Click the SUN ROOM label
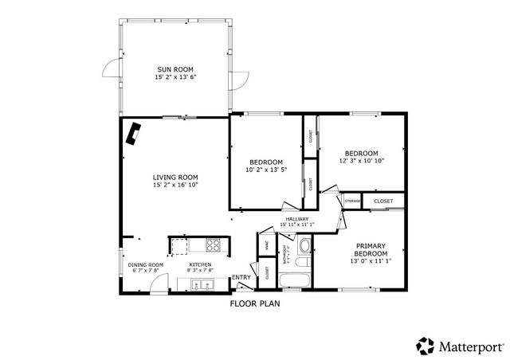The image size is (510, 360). (175, 69)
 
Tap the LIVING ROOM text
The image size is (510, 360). (175, 177)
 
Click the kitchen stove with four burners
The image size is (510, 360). (213, 245)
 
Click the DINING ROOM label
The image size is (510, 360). (145, 264)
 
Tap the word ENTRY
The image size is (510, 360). (241, 278)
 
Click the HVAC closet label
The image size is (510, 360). (265, 246)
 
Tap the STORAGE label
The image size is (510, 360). (353, 202)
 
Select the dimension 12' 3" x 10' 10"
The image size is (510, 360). (361, 161)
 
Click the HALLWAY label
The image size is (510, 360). (297, 219)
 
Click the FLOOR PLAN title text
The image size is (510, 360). (254, 303)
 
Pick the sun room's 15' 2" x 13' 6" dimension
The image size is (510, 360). (175, 78)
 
